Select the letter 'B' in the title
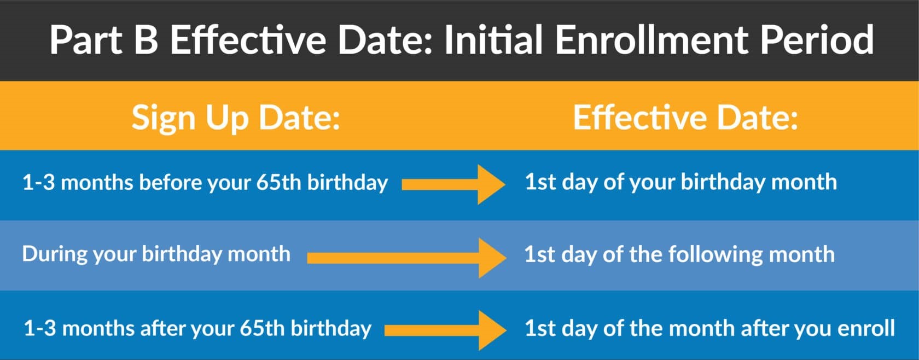[146, 40]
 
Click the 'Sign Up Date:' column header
[236, 118]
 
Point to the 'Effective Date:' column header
[685, 118]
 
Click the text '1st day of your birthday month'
[680, 182]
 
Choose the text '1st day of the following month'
[679, 255]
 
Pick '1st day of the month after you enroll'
[709, 328]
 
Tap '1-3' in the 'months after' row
[39, 328]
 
